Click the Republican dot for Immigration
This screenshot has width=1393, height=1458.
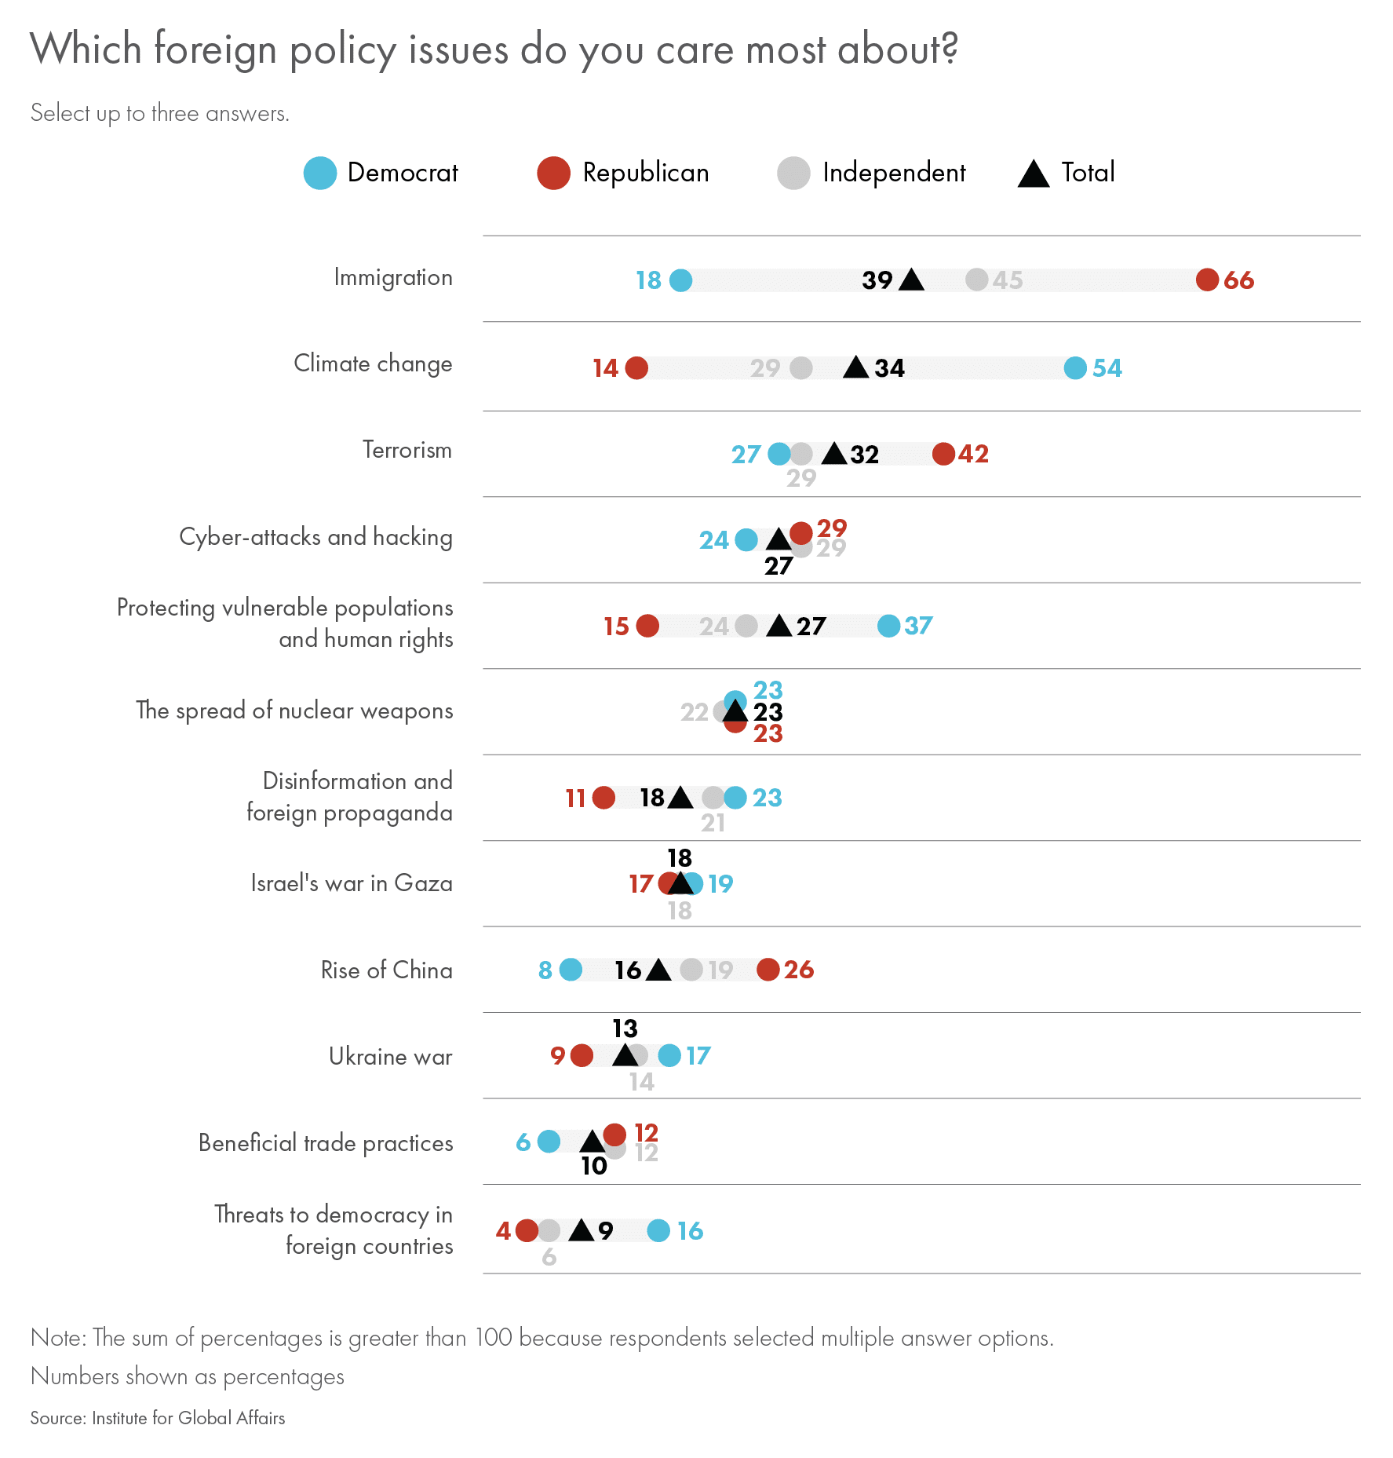1207,280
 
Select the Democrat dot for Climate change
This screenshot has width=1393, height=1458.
1075,367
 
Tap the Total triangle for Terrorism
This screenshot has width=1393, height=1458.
834,453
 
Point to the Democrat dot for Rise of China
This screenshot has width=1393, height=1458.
571,970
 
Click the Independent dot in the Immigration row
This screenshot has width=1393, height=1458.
976,279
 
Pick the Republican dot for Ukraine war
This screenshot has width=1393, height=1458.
582,1055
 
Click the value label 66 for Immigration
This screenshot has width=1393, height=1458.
1238,280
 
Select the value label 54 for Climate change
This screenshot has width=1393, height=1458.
1107,368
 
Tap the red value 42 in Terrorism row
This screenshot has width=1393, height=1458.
973,454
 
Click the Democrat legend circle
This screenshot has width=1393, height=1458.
320,173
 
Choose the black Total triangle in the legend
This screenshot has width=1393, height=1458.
1034,174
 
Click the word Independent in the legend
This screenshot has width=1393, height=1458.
893,173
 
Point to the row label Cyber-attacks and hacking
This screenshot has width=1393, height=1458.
315,537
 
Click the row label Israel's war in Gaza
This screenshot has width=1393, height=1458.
352,883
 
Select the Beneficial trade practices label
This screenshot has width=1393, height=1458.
326,1143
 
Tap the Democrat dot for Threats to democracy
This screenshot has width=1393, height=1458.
658,1230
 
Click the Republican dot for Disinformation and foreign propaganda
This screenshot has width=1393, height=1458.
604,798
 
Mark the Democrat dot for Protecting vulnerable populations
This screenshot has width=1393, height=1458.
888,626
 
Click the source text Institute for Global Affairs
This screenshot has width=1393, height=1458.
188,1418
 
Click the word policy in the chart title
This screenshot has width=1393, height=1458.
343,50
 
